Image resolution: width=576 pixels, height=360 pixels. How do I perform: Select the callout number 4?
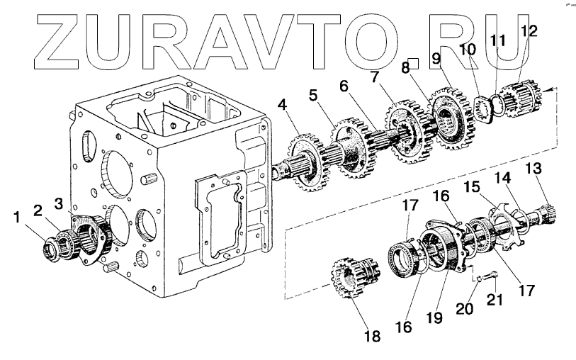[x=283, y=107]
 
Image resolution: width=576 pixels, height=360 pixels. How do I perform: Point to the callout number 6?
[x=344, y=86]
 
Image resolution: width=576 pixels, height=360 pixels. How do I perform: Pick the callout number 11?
[x=499, y=40]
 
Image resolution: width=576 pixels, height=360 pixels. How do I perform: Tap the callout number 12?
[x=529, y=30]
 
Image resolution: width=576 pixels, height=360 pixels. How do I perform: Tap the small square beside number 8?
[x=418, y=62]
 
